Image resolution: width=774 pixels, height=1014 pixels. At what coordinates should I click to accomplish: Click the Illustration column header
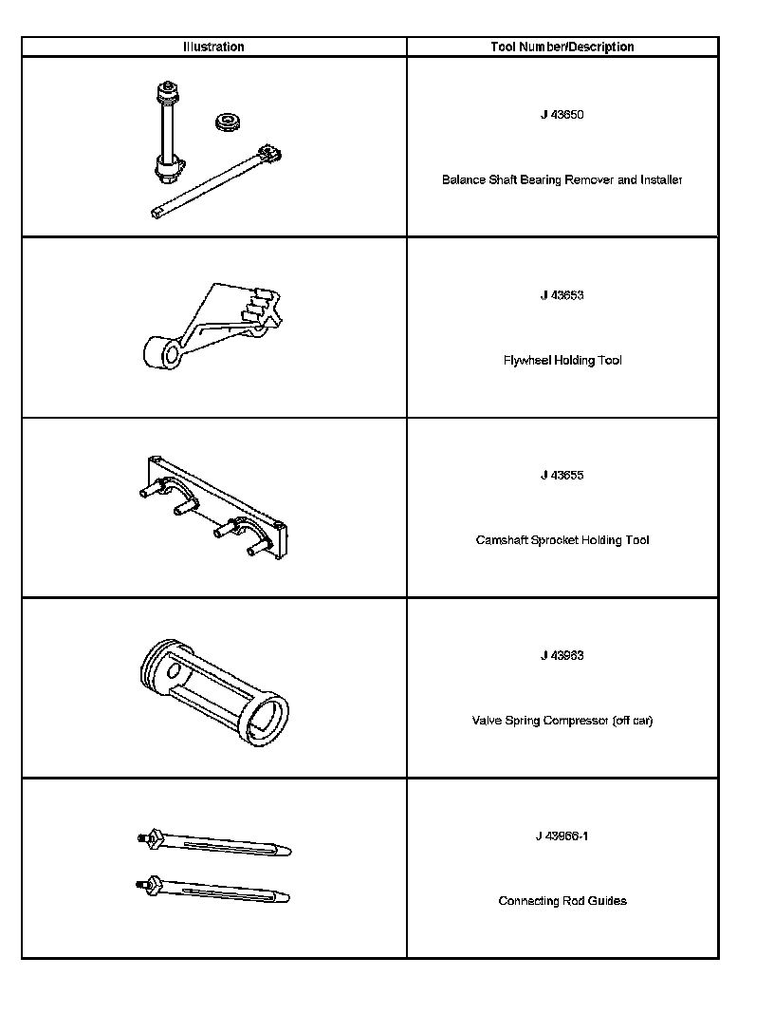pos(213,47)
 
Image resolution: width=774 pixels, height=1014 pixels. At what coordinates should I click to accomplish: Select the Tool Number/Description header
pos(562,47)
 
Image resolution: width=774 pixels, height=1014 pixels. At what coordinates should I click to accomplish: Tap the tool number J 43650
pos(562,115)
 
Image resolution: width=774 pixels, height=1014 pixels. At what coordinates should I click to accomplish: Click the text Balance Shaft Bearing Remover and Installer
pos(562,179)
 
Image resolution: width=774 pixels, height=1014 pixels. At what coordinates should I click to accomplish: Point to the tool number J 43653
pos(562,295)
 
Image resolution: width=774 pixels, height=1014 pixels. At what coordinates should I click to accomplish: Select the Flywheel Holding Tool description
pos(562,361)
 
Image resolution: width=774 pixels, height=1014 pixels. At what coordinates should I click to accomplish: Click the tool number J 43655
pos(562,476)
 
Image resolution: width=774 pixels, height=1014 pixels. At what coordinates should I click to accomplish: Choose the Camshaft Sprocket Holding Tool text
pos(562,540)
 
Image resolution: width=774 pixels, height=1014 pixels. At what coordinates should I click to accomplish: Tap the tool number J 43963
pos(562,656)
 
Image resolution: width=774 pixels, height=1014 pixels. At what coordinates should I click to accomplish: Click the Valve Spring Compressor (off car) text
pos(562,721)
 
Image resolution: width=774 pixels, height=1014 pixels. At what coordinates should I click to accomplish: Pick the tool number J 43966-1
pos(562,836)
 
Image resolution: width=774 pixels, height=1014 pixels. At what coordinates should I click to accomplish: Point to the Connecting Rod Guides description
pos(562,901)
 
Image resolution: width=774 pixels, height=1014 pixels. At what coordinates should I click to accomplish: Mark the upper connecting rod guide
pos(216,843)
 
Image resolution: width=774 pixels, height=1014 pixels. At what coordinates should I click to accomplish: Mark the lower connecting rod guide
pos(216,891)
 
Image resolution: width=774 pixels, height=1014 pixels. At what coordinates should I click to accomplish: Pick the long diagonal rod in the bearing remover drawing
pos(213,182)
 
